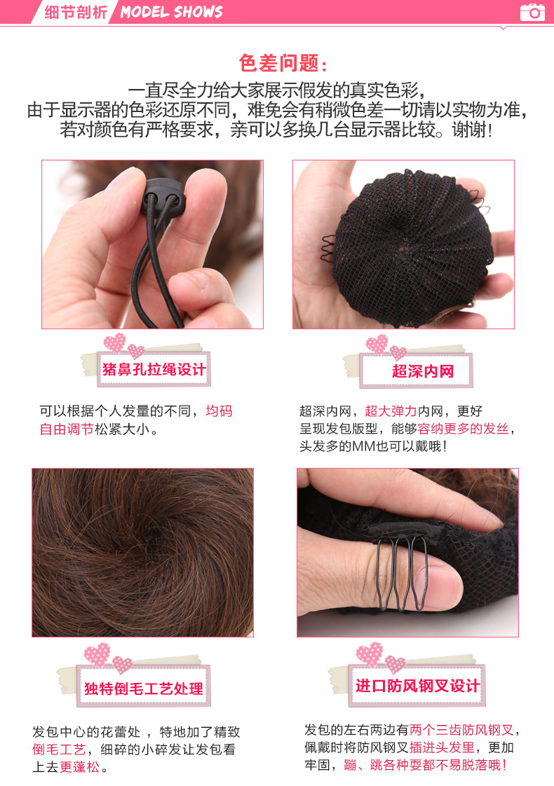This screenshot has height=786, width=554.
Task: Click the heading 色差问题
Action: pyautogui.click(x=283, y=64)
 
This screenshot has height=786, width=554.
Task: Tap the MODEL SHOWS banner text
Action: pyautogui.click(x=171, y=12)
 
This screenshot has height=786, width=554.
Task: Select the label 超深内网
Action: pyautogui.click(x=422, y=371)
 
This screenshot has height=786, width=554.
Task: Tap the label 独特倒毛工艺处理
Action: pyautogui.click(x=144, y=688)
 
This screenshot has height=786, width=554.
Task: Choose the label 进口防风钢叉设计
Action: pyautogui.click(x=417, y=684)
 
